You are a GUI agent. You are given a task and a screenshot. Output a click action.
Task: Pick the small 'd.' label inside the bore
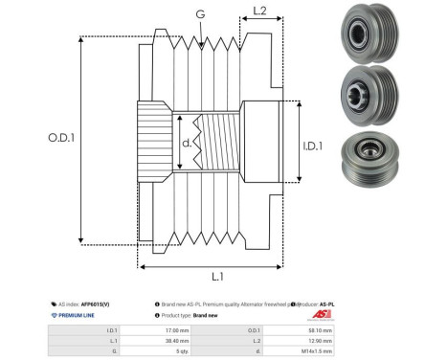pyautogui.click(x=188, y=145)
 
